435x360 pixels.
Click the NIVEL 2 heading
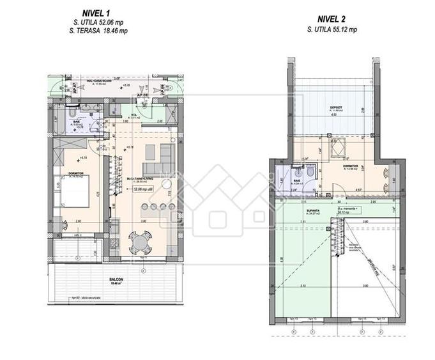pyautogui.click(x=331, y=19)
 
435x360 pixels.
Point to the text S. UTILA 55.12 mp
pyautogui.click(x=331, y=29)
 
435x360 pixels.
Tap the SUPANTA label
pyautogui.click(x=330, y=208)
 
